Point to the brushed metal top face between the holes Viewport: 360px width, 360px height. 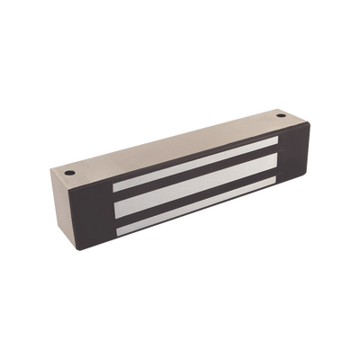(x=171, y=141)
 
